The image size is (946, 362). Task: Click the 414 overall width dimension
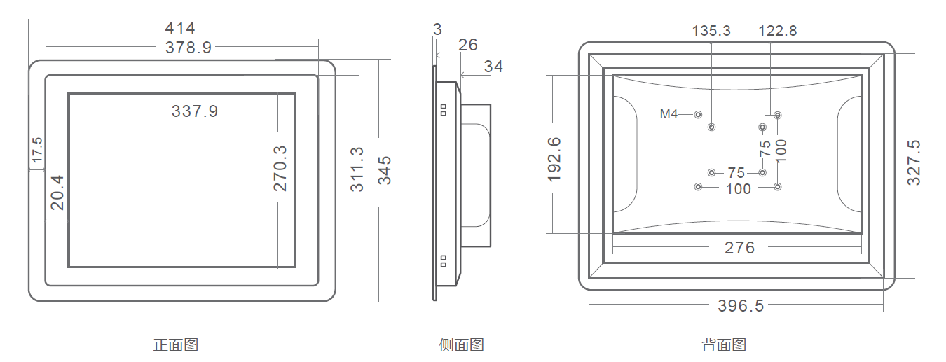[180, 28]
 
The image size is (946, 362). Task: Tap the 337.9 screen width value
[195, 111]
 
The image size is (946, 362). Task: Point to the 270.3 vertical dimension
[280, 168]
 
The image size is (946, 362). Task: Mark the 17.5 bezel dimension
[36, 151]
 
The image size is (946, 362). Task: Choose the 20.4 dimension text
[57, 193]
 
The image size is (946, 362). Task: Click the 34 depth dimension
[493, 67]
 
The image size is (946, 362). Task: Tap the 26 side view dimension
[467, 45]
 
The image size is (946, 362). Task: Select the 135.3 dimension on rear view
[711, 31]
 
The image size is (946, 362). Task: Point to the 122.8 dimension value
[777, 31]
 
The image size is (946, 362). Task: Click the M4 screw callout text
[669, 114]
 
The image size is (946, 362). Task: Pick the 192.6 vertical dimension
[554, 159]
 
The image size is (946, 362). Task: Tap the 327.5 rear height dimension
[914, 162]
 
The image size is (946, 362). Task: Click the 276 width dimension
[739, 248]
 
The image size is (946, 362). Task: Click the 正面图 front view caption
[176, 345]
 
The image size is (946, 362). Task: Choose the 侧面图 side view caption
[461, 345]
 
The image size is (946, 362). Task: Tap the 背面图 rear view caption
[724, 345]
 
